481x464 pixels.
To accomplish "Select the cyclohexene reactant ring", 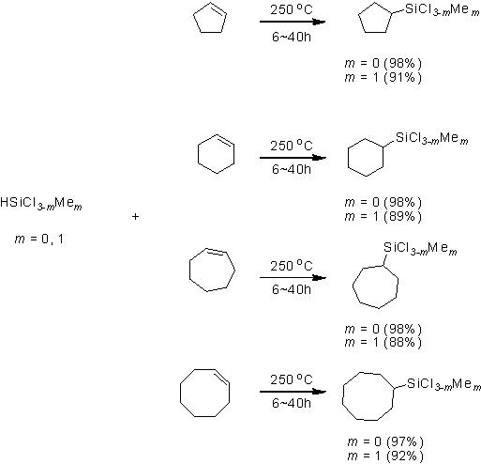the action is pos(198,154).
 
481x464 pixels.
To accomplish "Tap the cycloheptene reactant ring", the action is pos(190,270).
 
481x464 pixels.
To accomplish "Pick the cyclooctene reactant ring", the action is pos(180,393).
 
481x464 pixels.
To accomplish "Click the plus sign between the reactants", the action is pos(135,216).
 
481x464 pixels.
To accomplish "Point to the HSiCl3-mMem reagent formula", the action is pos(41,203).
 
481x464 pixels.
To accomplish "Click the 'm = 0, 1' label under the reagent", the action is pos(39,240).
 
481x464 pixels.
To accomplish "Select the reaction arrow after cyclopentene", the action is pos(293,22).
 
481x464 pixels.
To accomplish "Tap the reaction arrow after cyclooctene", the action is pos(293,392).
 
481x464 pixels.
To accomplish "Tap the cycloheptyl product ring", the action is pos(353,286).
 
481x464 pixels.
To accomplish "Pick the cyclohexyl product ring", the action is pos(348,158).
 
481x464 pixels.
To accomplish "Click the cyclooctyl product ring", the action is pos(343,396).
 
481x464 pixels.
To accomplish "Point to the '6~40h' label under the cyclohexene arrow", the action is pos(292,169).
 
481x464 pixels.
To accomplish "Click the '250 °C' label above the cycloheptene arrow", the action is pos(292,266).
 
